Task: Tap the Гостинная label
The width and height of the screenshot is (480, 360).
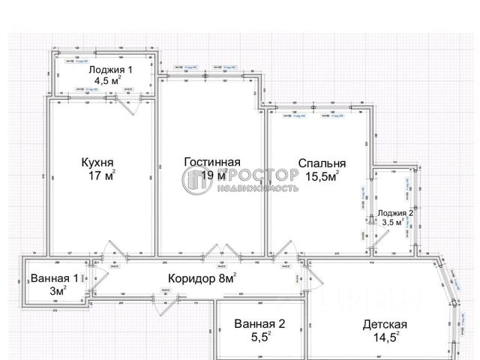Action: (x=212, y=162)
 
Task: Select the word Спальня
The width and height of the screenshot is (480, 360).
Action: (x=322, y=163)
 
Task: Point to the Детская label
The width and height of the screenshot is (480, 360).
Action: (x=384, y=325)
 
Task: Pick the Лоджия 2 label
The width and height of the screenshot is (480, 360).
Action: (x=395, y=213)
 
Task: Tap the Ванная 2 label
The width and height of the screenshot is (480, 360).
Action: (x=259, y=325)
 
